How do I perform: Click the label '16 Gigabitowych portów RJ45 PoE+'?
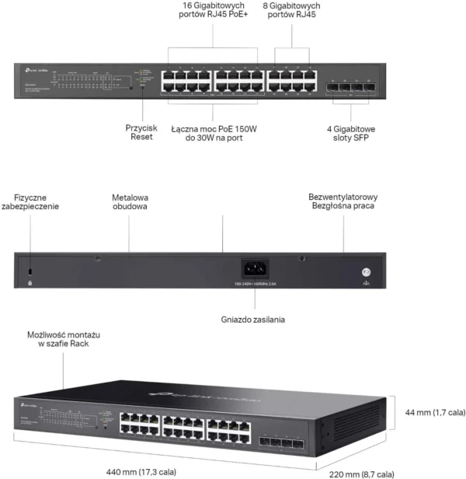pyautogui.click(x=212, y=10)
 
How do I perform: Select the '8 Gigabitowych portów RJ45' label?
pyautogui.click(x=292, y=10)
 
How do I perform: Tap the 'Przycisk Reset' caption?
pyautogui.click(x=141, y=131)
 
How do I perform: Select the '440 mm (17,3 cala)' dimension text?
pyautogui.click(x=141, y=471)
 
